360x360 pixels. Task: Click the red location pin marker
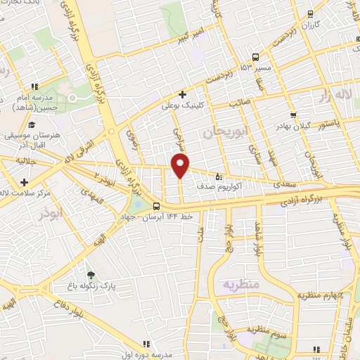181,166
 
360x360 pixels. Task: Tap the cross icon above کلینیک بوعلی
182,94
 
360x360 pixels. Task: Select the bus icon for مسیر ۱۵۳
256,58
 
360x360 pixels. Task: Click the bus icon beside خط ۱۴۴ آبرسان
156,207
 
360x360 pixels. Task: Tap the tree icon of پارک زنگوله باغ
89,275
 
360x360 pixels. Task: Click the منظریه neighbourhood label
241,285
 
